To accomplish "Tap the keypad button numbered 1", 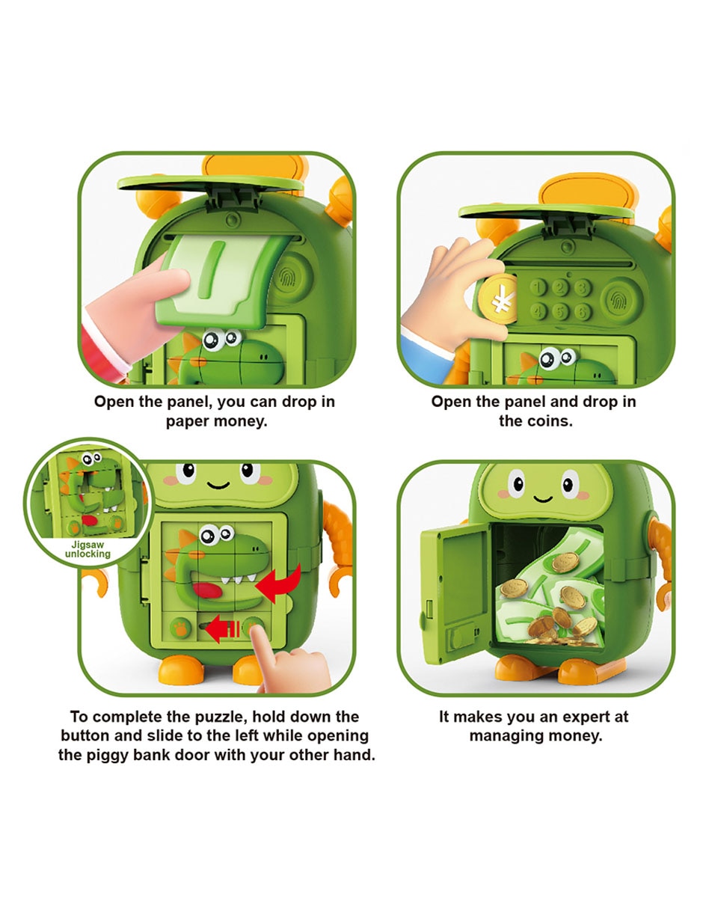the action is click(538, 287).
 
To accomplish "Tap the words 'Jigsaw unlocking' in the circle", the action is click(88, 549).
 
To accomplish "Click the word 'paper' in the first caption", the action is click(188, 420).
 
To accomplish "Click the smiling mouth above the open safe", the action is click(542, 498).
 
